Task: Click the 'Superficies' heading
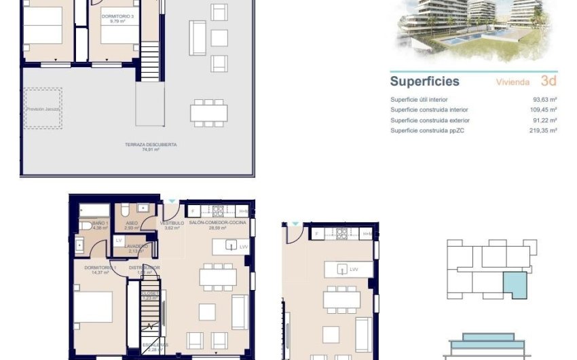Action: click(x=424, y=82)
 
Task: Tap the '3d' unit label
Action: click(x=550, y=82)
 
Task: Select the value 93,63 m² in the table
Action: click(x=544, y=99)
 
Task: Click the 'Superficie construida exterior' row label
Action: click(x=430, y=120)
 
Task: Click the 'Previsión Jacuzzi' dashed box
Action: click(x=43, y=109)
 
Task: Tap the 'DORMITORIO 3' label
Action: click(x=115, y=16)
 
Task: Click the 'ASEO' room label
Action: click(x=132, y=223)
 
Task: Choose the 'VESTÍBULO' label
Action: click(x=172, y=223)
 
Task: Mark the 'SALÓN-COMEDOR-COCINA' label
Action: click(x=218, y=223)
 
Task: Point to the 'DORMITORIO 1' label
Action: click(x=100, y=268)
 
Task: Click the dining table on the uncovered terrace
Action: click(x=208, y=113)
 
